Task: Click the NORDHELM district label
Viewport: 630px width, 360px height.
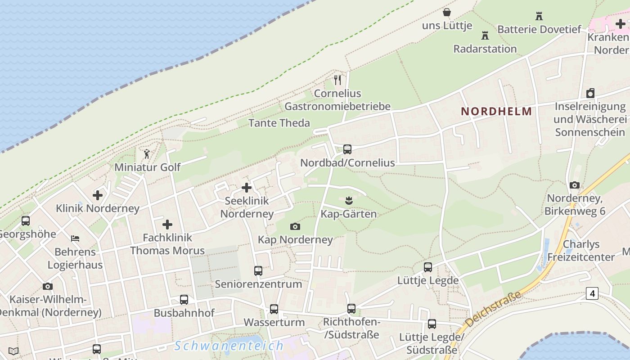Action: click(496, 111)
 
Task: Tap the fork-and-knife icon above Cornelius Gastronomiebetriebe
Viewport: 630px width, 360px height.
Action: click(337, 80)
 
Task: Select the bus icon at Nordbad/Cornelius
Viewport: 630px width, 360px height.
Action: click(347, 149)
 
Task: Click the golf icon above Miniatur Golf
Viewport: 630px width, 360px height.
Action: click(147, 154)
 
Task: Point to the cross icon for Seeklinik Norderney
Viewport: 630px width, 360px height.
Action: click(247, 188)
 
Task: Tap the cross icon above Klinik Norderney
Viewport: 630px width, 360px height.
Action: click(98, 195)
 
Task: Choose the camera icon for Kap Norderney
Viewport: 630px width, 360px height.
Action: click(295, 226)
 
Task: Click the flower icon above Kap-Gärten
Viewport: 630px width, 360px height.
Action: click(348, 200)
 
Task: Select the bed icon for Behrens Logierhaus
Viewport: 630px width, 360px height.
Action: click(75, 238)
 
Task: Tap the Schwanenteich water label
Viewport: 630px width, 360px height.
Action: click(229, 346)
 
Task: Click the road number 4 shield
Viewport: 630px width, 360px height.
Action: click(592, 293)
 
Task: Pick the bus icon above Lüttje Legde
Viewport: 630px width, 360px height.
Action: click(428, 267)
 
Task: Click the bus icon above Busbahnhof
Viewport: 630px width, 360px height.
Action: click(184, 300)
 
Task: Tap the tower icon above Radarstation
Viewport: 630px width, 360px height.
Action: click(485, 35)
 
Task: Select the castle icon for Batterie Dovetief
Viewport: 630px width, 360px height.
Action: click(539, 16)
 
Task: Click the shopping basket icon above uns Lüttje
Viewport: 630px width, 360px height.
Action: click(447, 12)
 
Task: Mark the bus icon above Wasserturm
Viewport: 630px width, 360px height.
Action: click(274, 309)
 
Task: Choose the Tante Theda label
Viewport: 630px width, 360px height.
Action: click(279, 123)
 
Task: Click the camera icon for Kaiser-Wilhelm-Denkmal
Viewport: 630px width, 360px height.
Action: click(48, 286)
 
